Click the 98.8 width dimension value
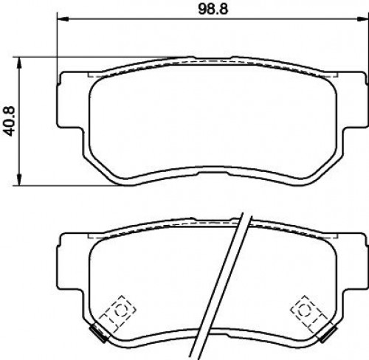[x=213, y=10]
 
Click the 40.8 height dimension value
[x=10, y=121]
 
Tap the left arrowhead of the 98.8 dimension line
[x=62, y=19]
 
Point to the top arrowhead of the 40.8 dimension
[x=19, y=63]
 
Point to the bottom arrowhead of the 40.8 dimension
[x=19, y=180]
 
